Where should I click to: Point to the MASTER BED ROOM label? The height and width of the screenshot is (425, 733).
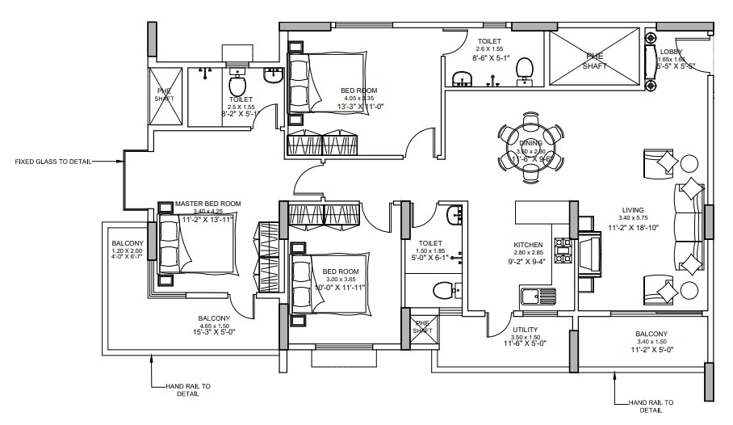(207, 203)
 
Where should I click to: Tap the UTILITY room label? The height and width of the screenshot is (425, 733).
(525, 330)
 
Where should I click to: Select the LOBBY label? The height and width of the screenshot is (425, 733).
(671, 52)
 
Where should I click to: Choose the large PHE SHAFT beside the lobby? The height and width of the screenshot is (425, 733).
(594, 61)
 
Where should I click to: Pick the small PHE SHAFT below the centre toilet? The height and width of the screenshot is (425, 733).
(423, 327)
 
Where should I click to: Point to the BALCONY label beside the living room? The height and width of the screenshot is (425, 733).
(651, 334)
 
